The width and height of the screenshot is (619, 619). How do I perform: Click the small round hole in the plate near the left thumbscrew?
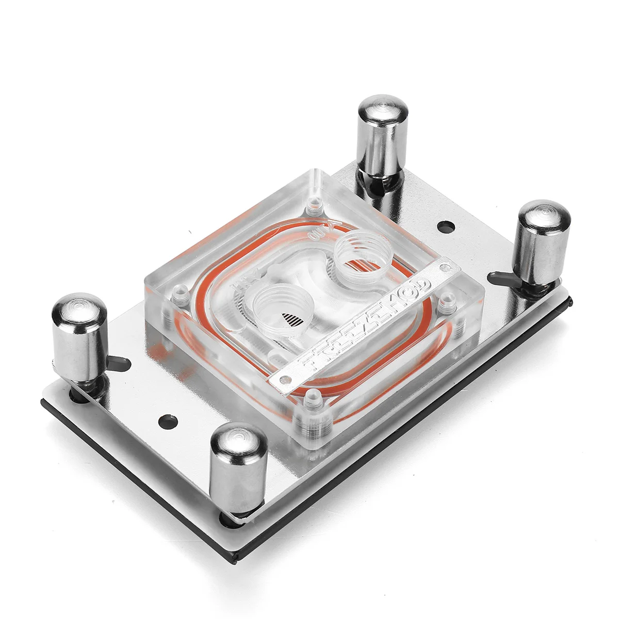pyautogui.click(x=165, y=419)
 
